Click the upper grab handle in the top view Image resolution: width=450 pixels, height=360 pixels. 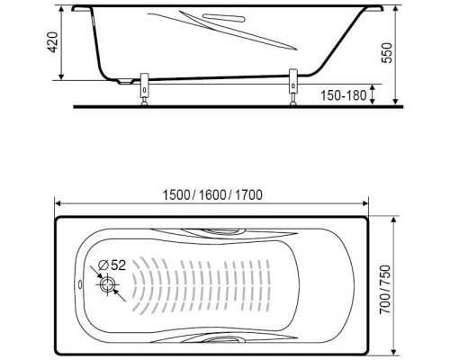[220, 231]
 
